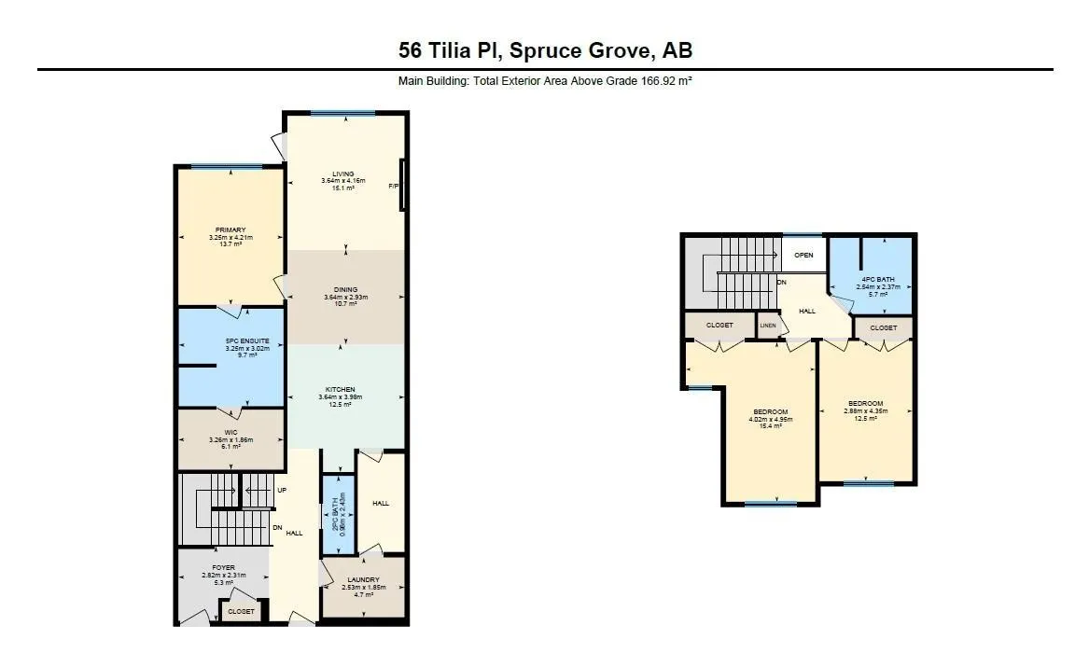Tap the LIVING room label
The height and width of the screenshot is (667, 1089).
(343, 173)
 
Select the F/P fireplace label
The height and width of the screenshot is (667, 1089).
(393, 187)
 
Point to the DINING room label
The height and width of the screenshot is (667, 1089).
(345, 289)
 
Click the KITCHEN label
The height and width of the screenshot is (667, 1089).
(340, 389)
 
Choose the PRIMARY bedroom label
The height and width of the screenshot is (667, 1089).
(230, 229)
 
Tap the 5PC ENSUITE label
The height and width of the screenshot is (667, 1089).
(247, 340)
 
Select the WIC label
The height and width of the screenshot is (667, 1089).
(230, 432)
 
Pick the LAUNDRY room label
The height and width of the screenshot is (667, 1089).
(363, 579)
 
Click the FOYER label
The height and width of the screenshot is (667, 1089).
(223, 567)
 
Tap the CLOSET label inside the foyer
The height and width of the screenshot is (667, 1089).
(241, 611)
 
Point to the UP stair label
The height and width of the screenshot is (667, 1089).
(281, 490)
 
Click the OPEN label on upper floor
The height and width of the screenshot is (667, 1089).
(803, 255)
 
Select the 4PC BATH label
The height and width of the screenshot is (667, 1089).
(877, 279)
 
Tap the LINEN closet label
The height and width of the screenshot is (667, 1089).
(767, 326)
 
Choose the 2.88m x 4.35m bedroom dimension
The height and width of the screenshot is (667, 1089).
(867, 410)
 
